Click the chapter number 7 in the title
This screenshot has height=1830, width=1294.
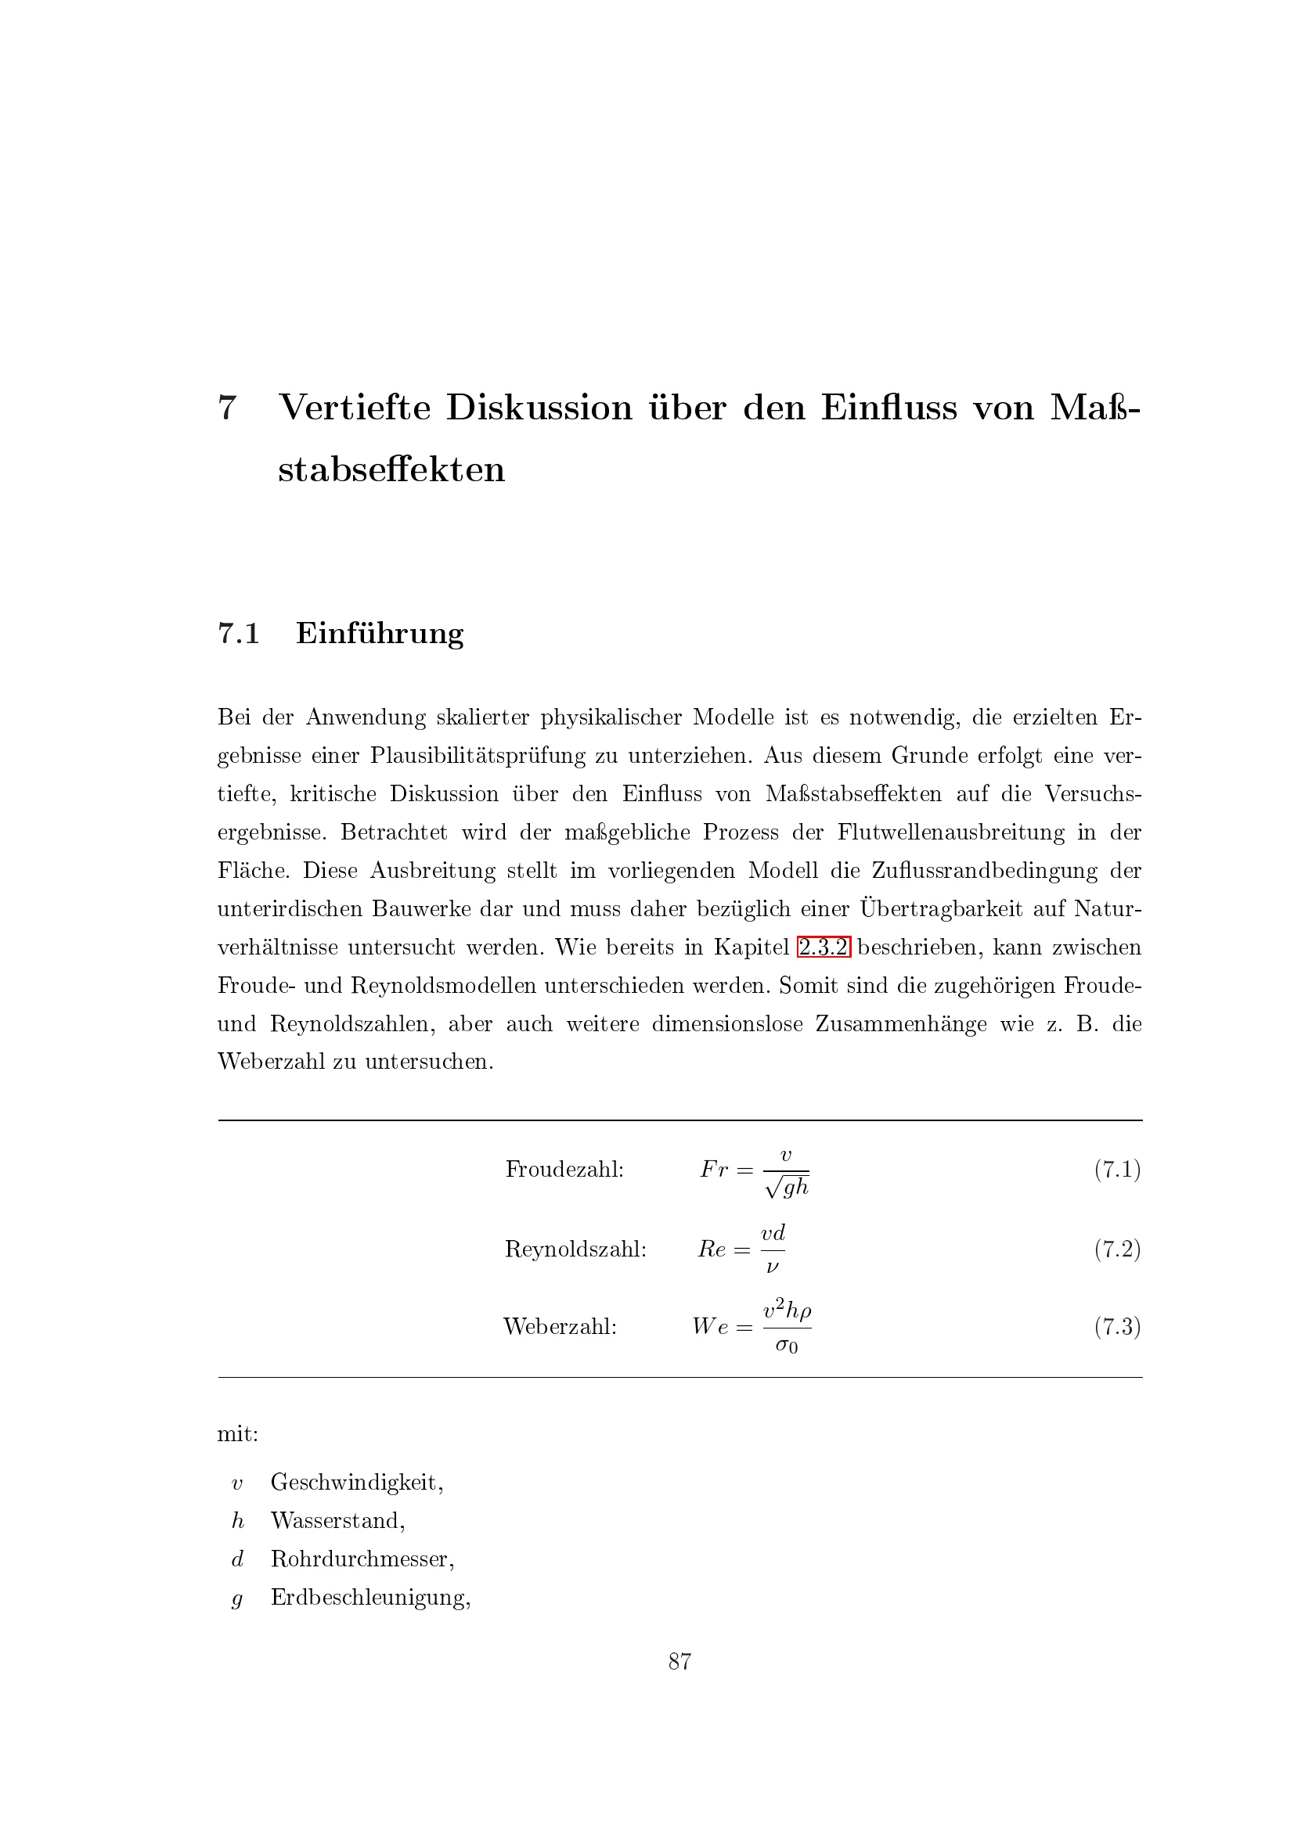coord(227,408)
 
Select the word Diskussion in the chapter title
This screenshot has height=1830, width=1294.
coord(538,408)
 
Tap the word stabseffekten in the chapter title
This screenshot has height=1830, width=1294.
coord(391,469)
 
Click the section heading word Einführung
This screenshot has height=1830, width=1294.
coord(380,633)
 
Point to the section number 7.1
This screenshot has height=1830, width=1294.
coord(239,634)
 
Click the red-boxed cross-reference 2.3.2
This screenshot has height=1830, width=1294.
coord(824,947)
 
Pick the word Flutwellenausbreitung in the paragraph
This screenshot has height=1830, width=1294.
coord(950,832)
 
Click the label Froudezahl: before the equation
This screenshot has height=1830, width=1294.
coord(564,1169)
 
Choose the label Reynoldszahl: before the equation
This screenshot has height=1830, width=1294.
coord(575,1249)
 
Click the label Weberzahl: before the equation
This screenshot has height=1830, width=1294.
coord(560,1326)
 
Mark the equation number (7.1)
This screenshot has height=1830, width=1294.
coord(1117,1169)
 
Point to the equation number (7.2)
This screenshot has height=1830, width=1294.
coord(1117,1249)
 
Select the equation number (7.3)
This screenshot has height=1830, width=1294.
coord(1117,1326)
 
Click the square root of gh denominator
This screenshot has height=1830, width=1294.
coord(787,1188)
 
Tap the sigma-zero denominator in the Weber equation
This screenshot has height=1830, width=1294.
coord(786,1346)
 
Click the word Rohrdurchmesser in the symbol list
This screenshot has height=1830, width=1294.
coord(362,1559)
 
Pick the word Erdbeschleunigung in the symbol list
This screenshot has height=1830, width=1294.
coord(370,1598)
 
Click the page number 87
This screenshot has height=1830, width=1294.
coord(679,1662)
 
